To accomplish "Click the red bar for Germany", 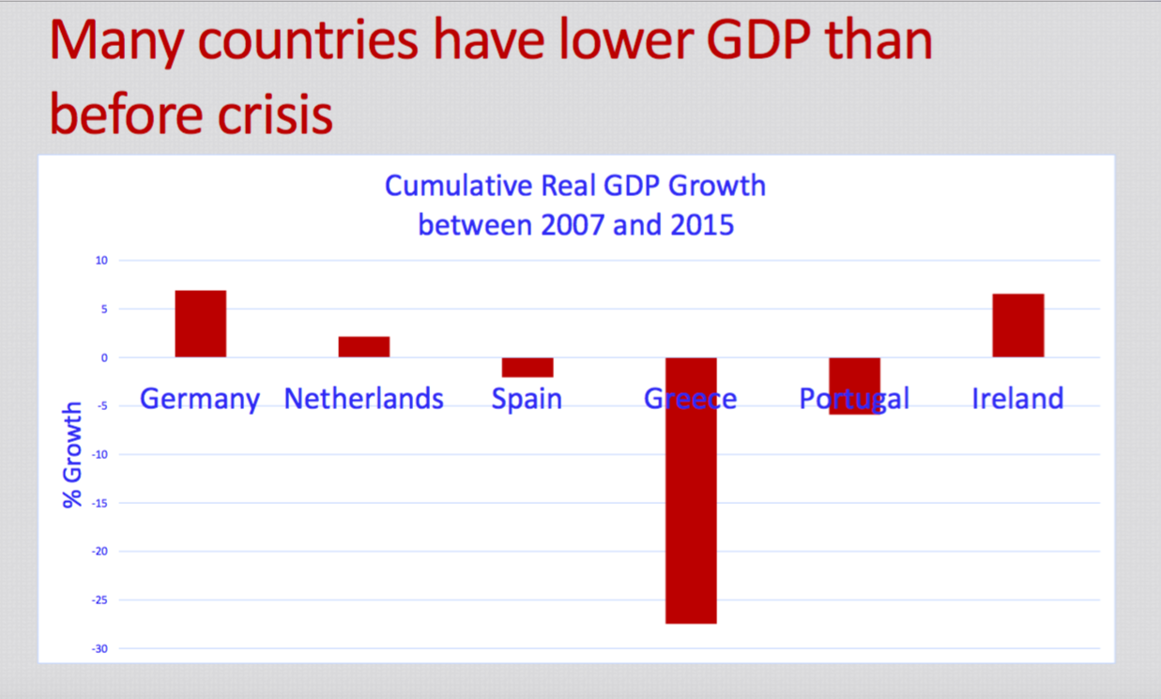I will [x=200, y=324].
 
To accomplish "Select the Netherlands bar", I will [x=364, y=346].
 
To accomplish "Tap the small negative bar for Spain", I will [x=527, y=367].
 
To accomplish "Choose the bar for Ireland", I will [x=1017, y=326].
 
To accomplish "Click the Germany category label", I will [x=200, y=399].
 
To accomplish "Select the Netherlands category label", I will [x=364, y=399].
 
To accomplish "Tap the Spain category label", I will [x=527, y=399].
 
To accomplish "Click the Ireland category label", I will [x=1017, y=399].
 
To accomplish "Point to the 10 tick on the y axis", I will [x=101, y=260].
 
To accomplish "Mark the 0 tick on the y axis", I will [x=104, y=357].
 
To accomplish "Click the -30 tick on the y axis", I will [x=99, y=648].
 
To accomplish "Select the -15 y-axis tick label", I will [x=99, y=503].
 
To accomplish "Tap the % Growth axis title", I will [x=72, y=455].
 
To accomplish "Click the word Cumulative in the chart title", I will [x=458, y=186].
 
